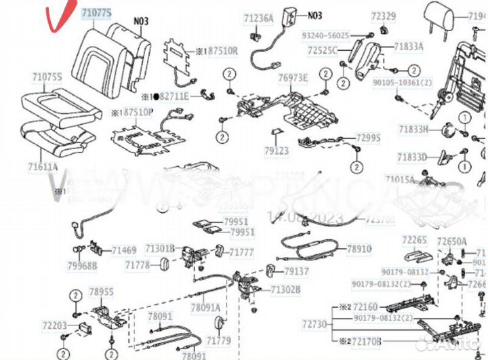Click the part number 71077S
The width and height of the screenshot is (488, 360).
click(x=98, y=13)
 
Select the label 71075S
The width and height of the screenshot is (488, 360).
click(x=47, y=77)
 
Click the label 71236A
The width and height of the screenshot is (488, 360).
click(x=258, y=19)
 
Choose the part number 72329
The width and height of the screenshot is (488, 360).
click(x=384, y=15)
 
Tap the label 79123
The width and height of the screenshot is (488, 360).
click(x=277, y=151)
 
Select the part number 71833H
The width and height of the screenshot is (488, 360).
click(x=413, y=129)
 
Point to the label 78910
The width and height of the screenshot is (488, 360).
click(x=359, y=249)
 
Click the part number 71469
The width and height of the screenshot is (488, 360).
click(x=124, y=251)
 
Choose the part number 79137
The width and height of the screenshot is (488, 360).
click(x=296, y=271)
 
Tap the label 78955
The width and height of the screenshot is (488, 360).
click(x=102, y=292)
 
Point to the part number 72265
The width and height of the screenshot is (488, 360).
click(x=413, y=239)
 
